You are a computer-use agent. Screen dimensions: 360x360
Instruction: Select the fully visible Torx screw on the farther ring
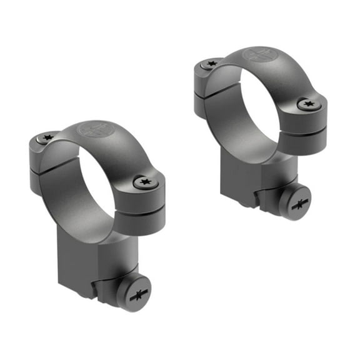click(309, 104)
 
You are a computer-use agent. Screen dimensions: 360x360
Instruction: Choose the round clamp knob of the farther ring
click(294, 202)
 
